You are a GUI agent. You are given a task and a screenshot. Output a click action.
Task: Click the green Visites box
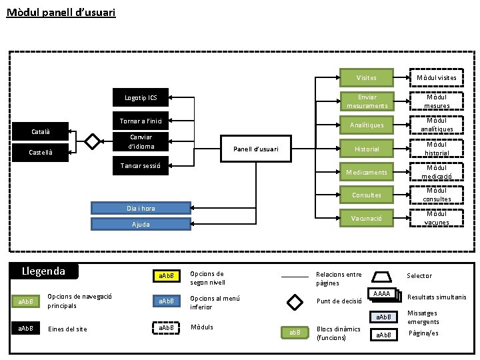[366, 77]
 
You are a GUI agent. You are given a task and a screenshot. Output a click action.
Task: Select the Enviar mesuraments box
[366, 101]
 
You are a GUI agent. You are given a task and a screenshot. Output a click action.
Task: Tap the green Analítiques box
[366, 125]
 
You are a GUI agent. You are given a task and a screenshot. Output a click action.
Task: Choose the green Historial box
[366, 149]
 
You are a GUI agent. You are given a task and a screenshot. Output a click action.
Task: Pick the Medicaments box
[366, 172]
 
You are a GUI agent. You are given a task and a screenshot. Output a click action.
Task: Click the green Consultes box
[366, 195]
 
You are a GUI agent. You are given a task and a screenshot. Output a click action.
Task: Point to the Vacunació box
[366, 218]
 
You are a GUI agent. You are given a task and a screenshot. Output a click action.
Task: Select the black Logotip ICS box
[141, 97]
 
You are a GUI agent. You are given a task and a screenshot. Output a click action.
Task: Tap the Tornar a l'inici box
[141, 121]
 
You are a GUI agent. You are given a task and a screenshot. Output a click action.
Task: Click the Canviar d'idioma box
[141, 142]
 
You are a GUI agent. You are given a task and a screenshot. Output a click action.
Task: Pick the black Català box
[41, 131]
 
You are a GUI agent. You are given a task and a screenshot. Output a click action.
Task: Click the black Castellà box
[41, 153]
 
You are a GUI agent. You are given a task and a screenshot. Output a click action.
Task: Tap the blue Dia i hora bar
[141, 208]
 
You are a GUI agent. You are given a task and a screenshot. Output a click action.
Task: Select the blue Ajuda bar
[141, 225]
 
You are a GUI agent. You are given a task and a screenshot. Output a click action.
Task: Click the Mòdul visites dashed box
[437, 77]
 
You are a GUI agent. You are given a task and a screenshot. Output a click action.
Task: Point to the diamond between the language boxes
[93, 141]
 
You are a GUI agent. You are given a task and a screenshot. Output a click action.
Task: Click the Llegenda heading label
[44, 271]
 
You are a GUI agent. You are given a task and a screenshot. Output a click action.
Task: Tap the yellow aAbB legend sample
[166, 275]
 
